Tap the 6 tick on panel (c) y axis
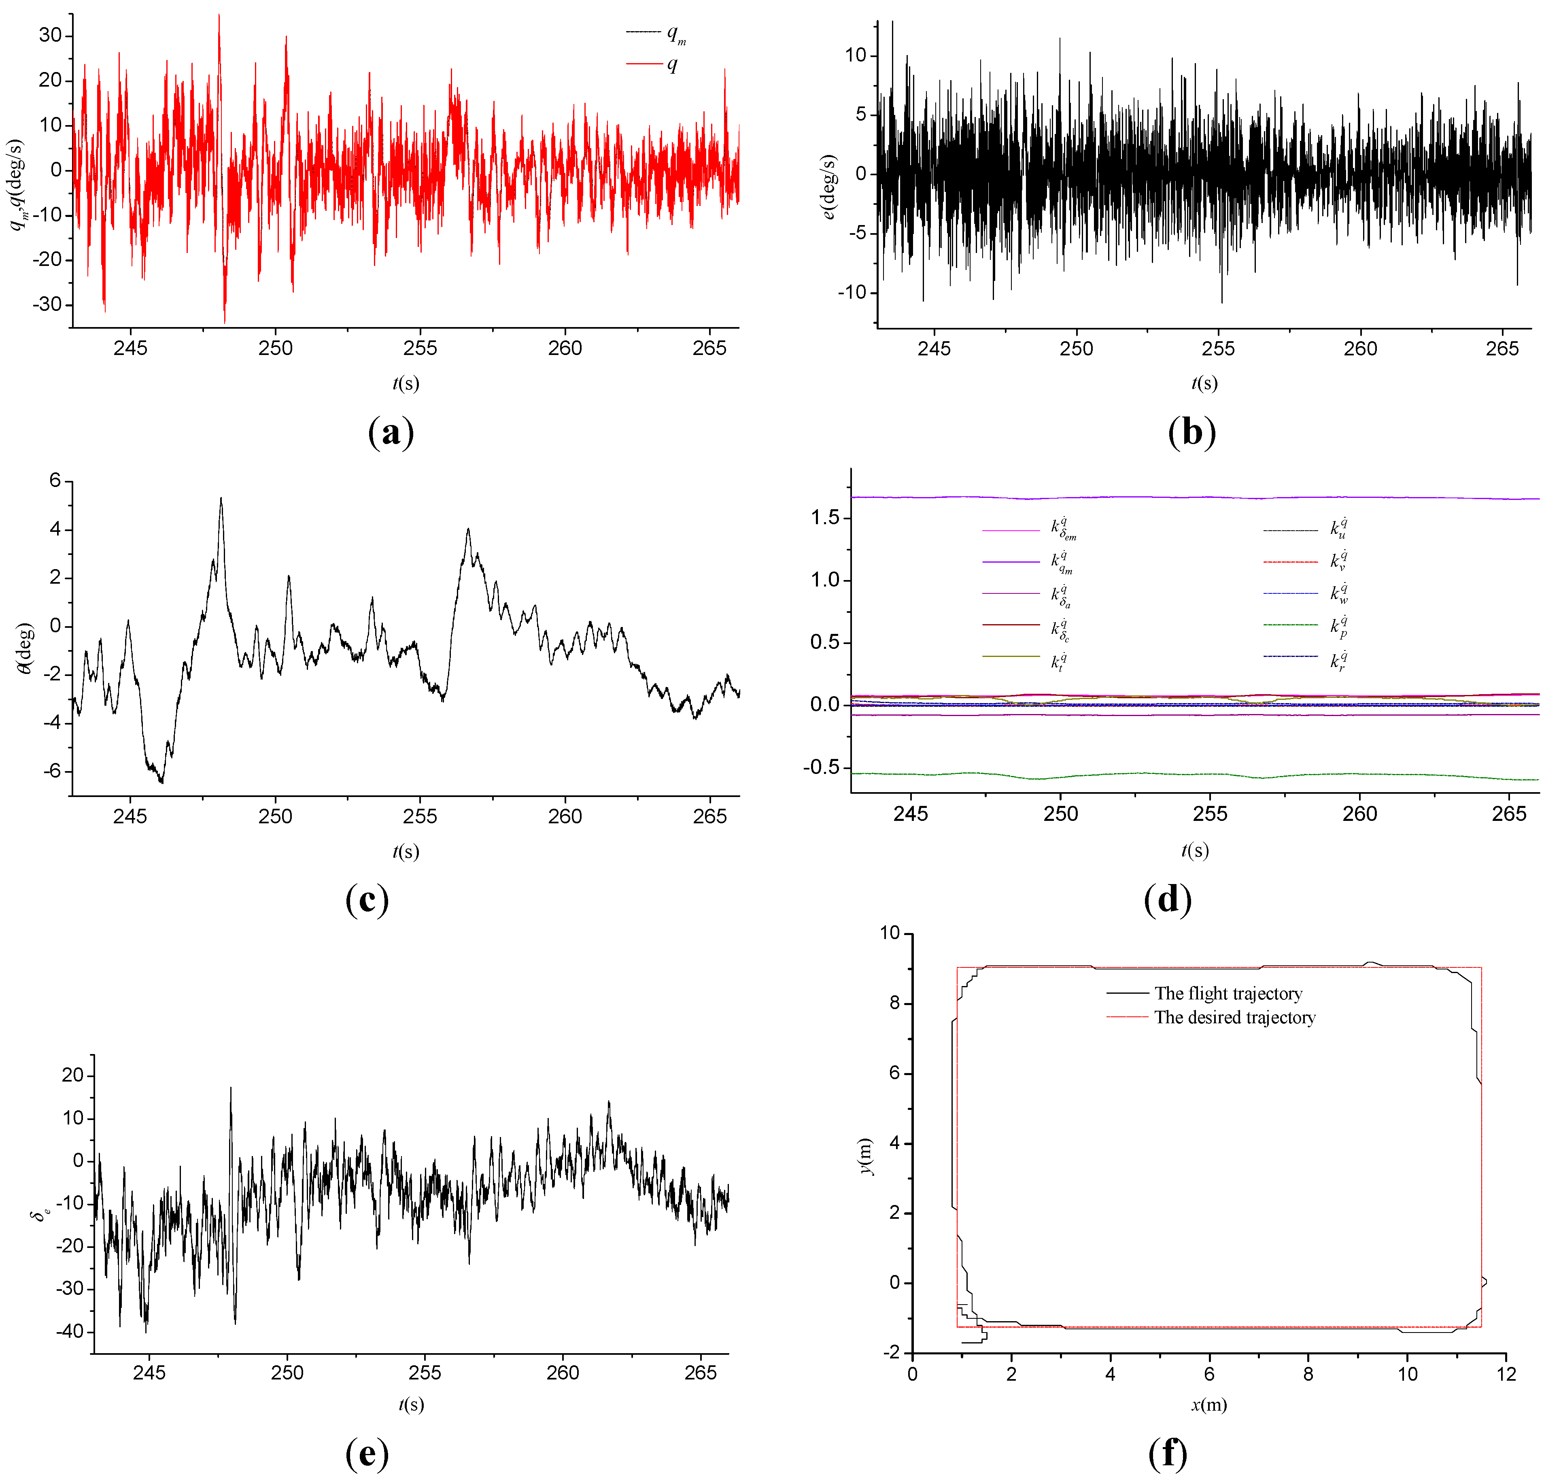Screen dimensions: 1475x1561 click(55, 480)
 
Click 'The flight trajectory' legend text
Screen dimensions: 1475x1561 click(1228, 994)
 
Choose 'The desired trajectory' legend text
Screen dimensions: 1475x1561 click(1234, 1018)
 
